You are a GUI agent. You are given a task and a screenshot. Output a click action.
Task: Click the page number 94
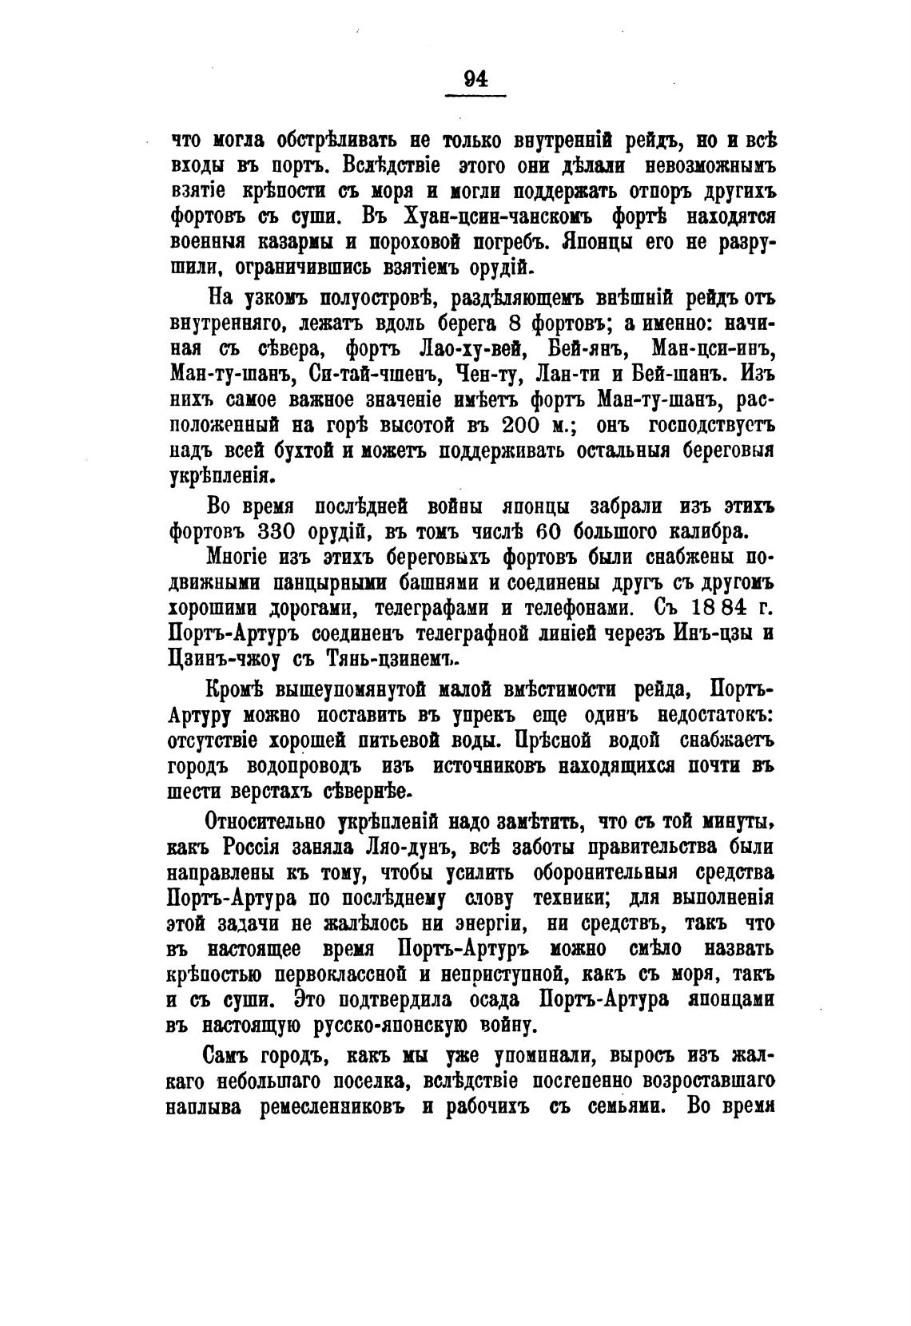tap(475, 78)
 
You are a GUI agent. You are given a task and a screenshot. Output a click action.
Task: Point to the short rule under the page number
tap(475, 97)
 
